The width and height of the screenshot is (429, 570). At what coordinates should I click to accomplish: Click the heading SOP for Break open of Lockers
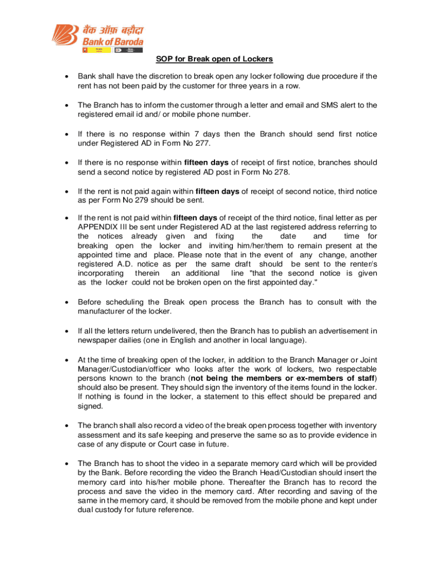point(214,60)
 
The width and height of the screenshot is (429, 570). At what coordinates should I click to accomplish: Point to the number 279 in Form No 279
point(128,201)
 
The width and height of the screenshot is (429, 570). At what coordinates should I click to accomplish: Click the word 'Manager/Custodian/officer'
point(121,370)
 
